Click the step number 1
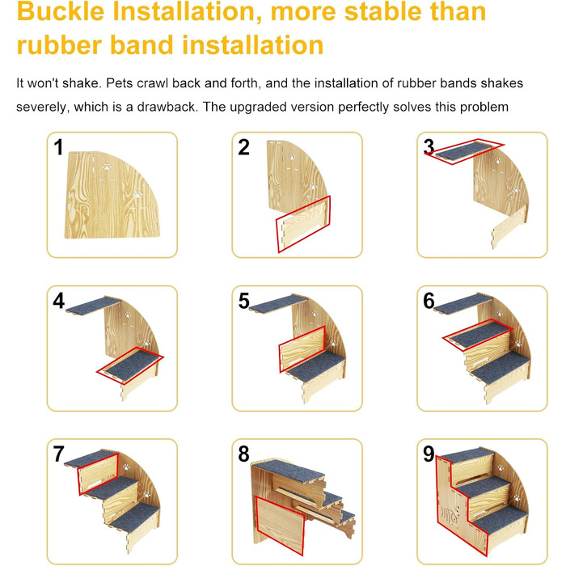tap(58, 147)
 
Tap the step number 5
tap(244, 301)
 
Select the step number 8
tap(243, 454)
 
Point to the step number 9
tap(429, 454)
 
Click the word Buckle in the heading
tap(61, 11)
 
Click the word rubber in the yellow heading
tap(59, 45)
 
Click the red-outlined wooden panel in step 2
tap(303, 224)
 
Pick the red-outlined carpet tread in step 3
tap(464, 151)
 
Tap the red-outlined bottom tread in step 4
tap(130, 365)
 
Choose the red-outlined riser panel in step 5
tap(302, 348)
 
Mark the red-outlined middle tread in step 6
tap(477, 335)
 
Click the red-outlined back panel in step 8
tap(280, 526)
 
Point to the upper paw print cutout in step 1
tap(107, 167)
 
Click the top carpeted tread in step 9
tap(467, 455)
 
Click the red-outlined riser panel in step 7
tap(99, 474)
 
